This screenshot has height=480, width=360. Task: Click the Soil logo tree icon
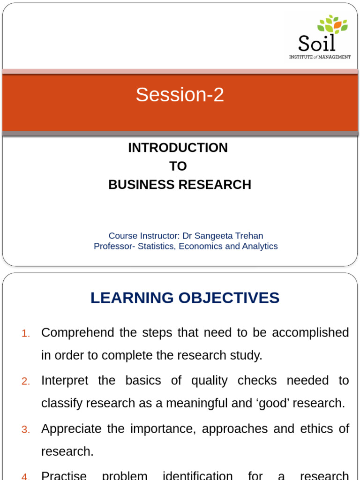point(332,25)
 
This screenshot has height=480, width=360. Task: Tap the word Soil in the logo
point(317,44)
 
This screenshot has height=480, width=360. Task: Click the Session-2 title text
point(180,95)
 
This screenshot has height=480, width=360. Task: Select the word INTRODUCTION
point(178,148)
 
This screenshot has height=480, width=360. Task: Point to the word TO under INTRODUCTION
point(178,166)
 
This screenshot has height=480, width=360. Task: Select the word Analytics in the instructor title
point(258,246)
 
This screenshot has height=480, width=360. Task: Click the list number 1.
point(26,334)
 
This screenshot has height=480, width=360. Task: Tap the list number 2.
point(26,382)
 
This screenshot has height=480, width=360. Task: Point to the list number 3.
point(26,430)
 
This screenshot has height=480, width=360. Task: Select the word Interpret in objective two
point(64,381)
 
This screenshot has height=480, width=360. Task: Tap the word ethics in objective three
point(315,429)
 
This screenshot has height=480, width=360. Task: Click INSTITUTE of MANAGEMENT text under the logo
point(319,57)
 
